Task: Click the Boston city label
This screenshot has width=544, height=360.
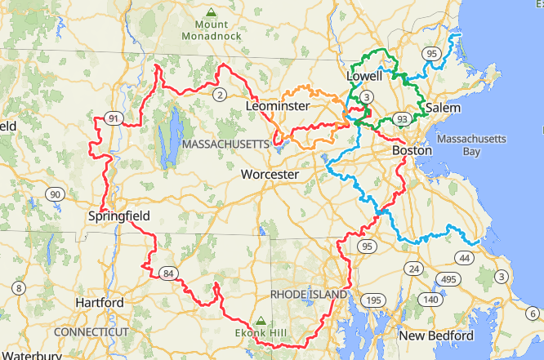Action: click(x=412, y=151)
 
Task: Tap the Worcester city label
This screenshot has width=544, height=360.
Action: click(x=270, y=175)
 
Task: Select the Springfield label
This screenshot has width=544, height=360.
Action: click(x=119, y=216)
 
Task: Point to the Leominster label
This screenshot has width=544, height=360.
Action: click(x=277, y=107)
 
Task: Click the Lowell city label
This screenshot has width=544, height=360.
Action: click(x=364, y=76)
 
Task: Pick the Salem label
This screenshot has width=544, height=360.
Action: click(x=442, y=108)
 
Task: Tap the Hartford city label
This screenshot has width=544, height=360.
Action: click(x=100, y=303)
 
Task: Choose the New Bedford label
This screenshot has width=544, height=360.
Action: click(x=435, y=336)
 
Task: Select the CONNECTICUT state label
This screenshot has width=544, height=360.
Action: click(x=91, y=332)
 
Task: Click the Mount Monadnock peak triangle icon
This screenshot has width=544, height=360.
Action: click(x=212, y=12)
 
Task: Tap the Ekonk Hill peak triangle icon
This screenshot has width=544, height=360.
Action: click(x=261, y=320)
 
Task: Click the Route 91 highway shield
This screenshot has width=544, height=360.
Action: click(x=114, y=120)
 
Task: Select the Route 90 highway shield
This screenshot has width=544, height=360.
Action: click(x=55, y=194)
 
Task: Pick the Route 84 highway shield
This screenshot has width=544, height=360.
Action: click(x=168, y=273)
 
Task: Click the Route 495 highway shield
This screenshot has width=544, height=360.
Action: click(x=448, y=279)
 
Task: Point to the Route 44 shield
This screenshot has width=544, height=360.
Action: click(x=464, y=259)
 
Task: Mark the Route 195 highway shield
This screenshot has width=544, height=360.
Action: click(x=373, y=301)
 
